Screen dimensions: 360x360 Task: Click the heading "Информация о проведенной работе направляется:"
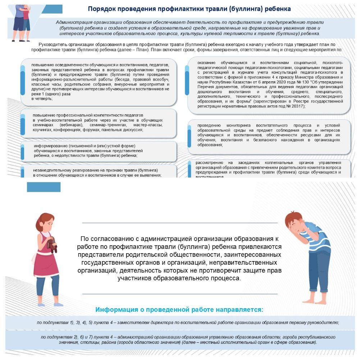[179, 310]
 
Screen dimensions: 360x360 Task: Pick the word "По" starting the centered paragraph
[85, 239]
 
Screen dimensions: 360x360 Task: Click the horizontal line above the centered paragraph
[180, 223]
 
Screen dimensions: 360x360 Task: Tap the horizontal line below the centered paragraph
[180, 294]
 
